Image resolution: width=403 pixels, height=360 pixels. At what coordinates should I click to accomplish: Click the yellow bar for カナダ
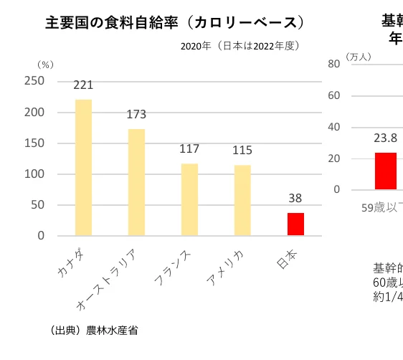pos(84,167)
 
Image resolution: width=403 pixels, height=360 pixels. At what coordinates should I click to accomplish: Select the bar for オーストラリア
pos(136,182)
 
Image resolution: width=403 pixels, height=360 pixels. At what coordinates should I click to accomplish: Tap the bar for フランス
pos(189,199)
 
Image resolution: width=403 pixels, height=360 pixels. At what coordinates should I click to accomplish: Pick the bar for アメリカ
pos(242,200)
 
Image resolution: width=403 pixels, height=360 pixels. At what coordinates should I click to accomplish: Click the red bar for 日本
pos(295,224)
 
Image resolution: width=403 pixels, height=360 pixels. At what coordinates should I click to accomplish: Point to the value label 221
pos(84,85)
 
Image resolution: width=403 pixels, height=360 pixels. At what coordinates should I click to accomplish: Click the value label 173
pos(136,115)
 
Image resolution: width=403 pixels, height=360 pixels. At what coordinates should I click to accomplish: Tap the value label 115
pos(242,151)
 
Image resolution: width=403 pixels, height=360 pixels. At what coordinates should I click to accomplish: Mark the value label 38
pos(295,199)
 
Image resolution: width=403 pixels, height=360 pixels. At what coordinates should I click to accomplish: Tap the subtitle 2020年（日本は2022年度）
pos(240,46)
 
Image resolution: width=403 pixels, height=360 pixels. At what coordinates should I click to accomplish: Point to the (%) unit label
pos(44,65)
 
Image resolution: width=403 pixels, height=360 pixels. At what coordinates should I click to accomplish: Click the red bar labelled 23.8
pos(385,171)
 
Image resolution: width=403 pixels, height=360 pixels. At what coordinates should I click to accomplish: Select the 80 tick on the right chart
pos(333,63)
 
